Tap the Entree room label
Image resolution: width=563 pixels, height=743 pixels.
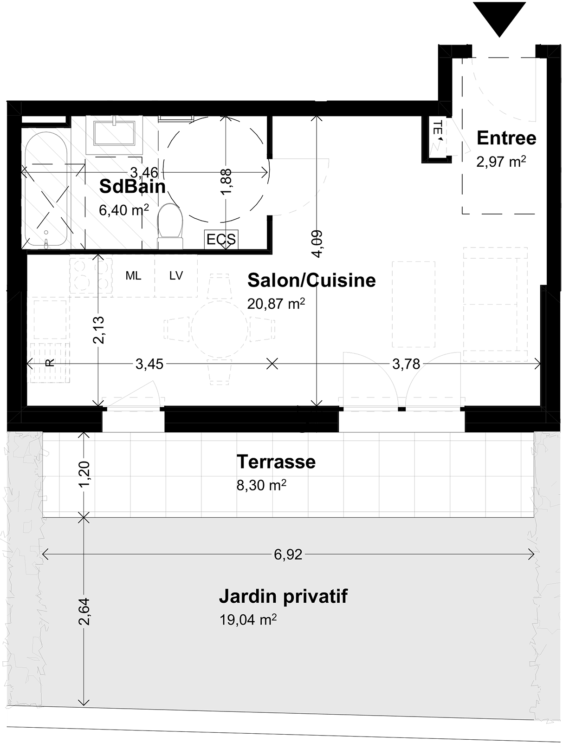pos(506,138)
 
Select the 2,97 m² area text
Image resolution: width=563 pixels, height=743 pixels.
pos(501,162)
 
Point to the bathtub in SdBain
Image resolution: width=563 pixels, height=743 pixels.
pos(46,189)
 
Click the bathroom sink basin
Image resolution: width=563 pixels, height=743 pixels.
pos(114,134)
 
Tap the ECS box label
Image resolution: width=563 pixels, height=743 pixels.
pos(221,239)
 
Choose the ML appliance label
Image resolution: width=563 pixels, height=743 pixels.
pos(133,276)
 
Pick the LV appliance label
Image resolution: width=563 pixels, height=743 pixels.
pos(176,276)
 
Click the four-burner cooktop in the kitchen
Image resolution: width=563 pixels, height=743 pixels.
pos(91,275)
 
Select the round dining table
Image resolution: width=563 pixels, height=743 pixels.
pos(219,329)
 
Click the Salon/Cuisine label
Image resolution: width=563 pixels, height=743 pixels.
pos(311,280)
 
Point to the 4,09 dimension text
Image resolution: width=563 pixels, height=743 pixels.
pos(317,244)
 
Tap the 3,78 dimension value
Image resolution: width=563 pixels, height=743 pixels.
pos(406,364)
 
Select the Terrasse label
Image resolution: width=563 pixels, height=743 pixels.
pos(276,462)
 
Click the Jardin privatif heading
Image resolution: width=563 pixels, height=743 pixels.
pos(283,596)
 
